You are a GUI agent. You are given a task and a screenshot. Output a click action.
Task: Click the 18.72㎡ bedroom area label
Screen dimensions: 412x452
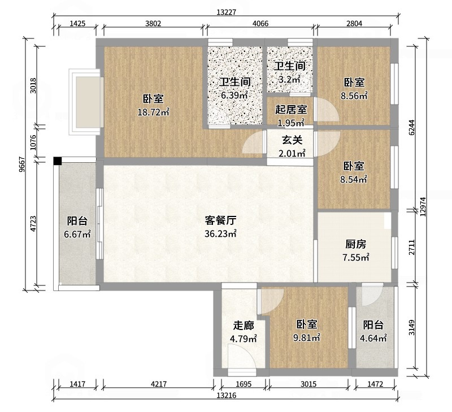click(x=154, y=112)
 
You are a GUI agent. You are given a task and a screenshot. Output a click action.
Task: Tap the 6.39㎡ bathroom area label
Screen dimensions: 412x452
click(x=234, y=95)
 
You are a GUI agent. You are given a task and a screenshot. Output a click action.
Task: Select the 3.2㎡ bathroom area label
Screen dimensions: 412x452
click(x=290, y=80)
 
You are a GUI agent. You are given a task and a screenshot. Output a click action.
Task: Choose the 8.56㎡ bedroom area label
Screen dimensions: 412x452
click(x=354, y=96)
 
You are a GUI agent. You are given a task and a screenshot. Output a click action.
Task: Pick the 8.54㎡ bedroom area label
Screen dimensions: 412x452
click(x=354, y=181)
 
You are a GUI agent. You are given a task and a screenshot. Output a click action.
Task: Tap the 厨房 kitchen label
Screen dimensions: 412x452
click(x=356, y=244)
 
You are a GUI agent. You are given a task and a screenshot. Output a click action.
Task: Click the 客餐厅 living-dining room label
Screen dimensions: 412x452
click(x=220, y=220)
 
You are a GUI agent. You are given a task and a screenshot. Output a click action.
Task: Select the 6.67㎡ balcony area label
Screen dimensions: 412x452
click(x=77, y=235)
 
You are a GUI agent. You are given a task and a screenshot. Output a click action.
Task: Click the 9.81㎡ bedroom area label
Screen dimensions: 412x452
click(x=307, y=339)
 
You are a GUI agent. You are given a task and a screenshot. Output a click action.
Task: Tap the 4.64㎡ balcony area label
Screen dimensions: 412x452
click(x=373, y=339)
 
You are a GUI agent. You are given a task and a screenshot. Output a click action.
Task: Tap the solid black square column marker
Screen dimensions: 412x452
click(x=58, y=161)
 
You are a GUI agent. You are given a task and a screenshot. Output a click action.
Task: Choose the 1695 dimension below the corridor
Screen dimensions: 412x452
click(x=244, y=384)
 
